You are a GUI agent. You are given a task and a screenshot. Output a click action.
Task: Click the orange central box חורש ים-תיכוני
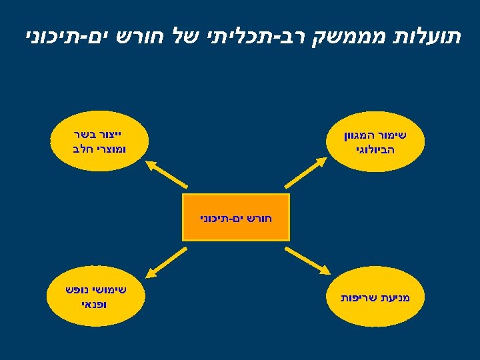(x=236, y=217)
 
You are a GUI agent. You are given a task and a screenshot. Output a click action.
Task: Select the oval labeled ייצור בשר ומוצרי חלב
(x=97, y=141)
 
